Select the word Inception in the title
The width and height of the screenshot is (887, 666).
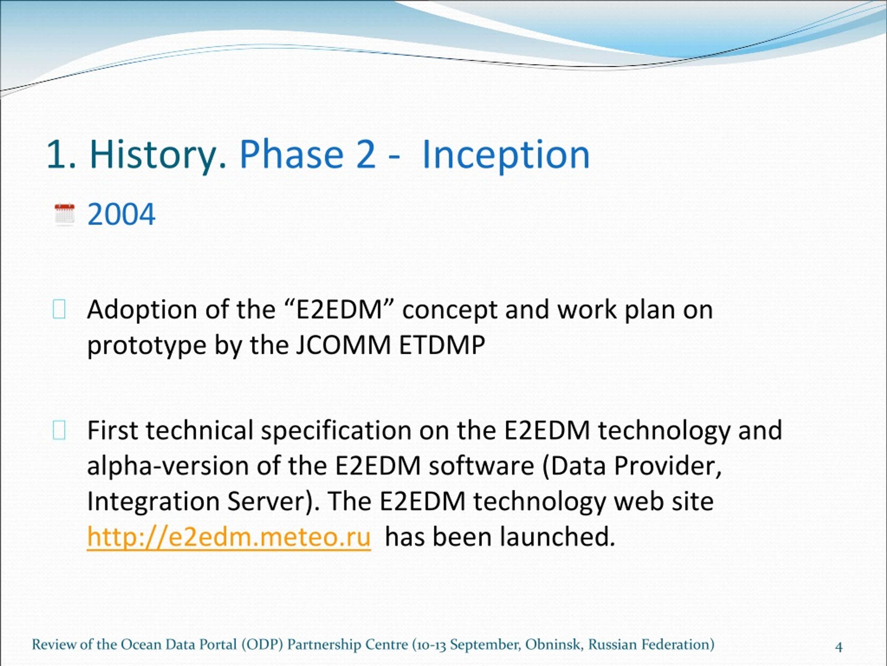pyautogui.click(x=506, y=155)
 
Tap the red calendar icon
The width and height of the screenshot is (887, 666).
pyautogui.click(x=64, y=214)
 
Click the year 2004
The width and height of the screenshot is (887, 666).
pyautogui.click(x=121, y=214)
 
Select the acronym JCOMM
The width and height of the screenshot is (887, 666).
pyautogui.click(x=343, y=345)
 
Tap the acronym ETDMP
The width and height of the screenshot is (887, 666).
pyautogui.click(x=442, y=345)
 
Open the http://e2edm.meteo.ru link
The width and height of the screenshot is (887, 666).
pyautogui.click(x=229, y=538)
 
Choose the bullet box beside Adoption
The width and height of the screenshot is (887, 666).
pyautogui.click(x=59, y=309)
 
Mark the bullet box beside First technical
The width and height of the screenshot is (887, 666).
pyautogui.click(x=59, y=430)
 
